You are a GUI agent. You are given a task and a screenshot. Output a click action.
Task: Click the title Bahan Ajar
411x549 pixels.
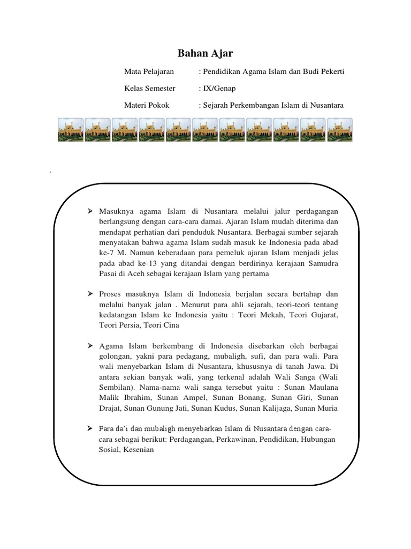pos(205,54)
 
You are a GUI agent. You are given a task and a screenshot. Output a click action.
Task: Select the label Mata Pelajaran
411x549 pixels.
pos(146,71)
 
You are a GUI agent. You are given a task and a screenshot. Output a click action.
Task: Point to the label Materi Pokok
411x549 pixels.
pos(147,105)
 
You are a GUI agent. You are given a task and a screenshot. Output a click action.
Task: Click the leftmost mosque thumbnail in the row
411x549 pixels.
pos(71,130)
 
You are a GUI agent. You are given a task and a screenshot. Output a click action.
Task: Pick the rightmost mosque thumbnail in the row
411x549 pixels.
pos(340,130)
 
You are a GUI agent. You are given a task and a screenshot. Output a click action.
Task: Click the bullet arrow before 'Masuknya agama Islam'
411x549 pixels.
pos(90,213)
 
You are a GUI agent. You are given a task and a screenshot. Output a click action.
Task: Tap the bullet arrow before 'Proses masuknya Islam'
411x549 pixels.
pos(90,294)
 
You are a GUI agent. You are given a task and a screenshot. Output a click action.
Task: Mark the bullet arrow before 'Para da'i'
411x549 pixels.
pos(90,428)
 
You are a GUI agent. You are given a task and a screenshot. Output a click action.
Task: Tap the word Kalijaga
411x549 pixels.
pos(290,408)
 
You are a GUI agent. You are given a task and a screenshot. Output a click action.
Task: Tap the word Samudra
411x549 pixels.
pos(323,264)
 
